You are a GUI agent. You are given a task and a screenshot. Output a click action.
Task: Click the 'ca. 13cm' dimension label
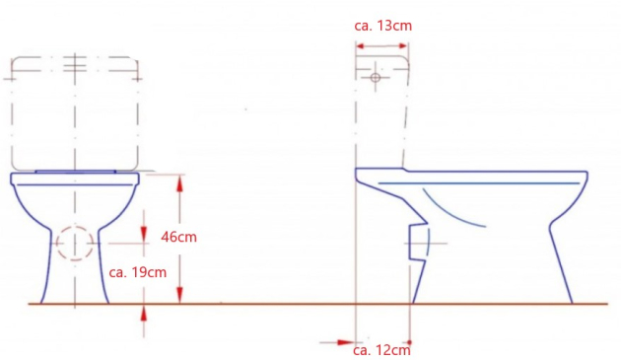pyautogui.click(x=382, y=24)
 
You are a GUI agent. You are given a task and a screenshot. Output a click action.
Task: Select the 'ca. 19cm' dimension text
pyautogui.click(x=138, y=271)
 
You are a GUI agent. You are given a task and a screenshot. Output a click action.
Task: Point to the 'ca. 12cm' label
pyautogui.click(x=381, y=348)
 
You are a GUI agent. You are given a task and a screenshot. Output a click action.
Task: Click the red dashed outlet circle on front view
pyautogui.click(x=74, y=243)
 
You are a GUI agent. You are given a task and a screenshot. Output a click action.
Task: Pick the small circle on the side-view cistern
pyautogui.click(x=375, y=77)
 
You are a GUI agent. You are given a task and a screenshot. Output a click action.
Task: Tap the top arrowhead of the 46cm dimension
pyautogui.click(x=180, y=180)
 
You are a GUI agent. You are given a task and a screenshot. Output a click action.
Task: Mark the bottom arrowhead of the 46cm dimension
pyautogui.click(x=180, y=298)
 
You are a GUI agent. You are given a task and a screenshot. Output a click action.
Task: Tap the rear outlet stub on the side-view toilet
pyautogui.click(x=419, y=243)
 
